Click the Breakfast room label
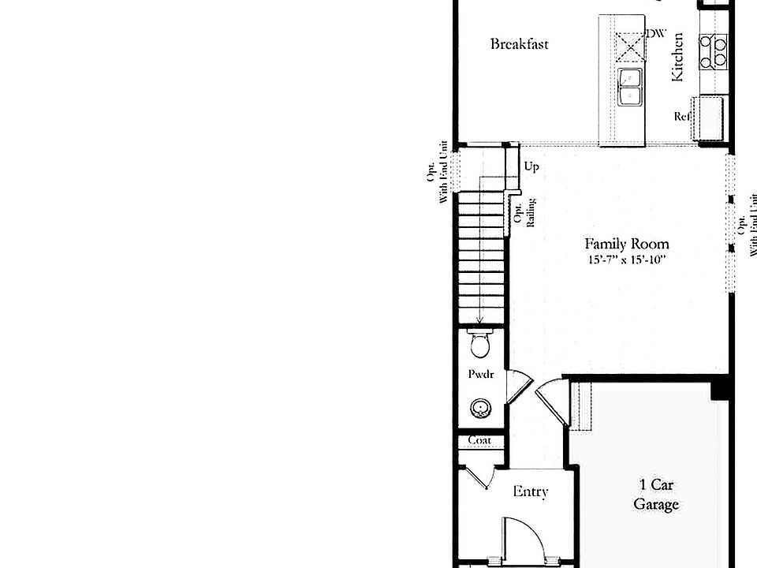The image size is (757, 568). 519,44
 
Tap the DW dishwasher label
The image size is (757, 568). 655,34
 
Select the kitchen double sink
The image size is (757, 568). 629,87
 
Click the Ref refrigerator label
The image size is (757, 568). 682,117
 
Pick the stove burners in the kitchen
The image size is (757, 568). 714,50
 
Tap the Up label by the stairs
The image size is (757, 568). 531,167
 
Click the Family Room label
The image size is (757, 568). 626,244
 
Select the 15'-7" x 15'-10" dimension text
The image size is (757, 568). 626,260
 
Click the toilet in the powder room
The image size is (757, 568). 479,344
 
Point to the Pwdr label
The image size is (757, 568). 480,375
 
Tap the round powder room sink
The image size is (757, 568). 479,408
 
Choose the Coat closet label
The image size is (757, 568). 479,440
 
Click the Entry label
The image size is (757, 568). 530,492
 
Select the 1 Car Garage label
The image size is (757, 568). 655,495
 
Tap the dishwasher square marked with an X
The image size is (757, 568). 630,46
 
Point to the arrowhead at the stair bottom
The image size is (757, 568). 479,321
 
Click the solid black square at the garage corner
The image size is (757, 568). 721,389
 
